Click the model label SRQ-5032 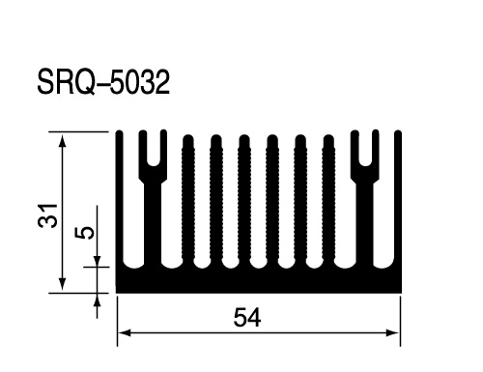(x=103, y=82)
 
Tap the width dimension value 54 (x=247, y=318)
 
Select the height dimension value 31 (x=47, y=215)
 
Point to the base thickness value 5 (x=84, y=232)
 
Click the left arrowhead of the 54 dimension (x=125, y=332)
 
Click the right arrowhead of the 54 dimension (x=393, y=332)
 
